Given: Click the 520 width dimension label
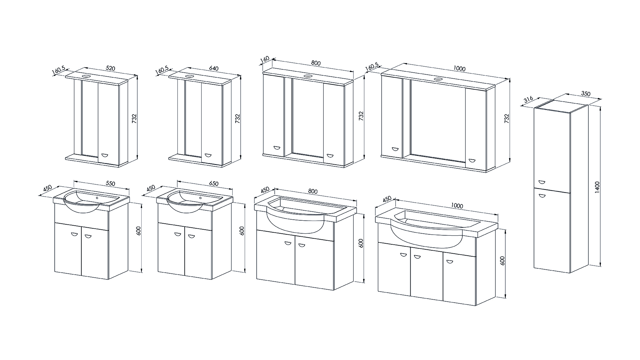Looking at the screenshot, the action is click(x=110, y=69).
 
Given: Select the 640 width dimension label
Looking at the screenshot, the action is click(x=214, y=69).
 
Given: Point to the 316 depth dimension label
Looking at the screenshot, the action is click(x=529, y=100).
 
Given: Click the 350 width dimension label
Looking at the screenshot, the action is click(x=586, y=94).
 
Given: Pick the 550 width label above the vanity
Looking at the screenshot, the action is click(x=110, y=183).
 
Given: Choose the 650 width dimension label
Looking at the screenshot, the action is click(x=214, y=183).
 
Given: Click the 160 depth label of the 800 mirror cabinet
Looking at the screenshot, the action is click(x=264, y=59).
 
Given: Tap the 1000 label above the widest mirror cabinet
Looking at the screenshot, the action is click(x=459, y=69).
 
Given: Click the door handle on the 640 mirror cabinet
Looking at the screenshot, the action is click(x=208, y=155).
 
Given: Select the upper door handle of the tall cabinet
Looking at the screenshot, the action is click(x=541, y=182).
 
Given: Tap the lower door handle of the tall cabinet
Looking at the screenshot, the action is click(x=541, y=196).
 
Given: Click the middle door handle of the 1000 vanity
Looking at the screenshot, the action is click(x=417, y=257).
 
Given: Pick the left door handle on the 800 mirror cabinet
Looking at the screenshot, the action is click(x=277, y=148).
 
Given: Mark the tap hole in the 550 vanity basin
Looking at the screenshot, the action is click(x=97, y=198).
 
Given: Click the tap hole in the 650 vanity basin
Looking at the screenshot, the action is click(x=201, y=198).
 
